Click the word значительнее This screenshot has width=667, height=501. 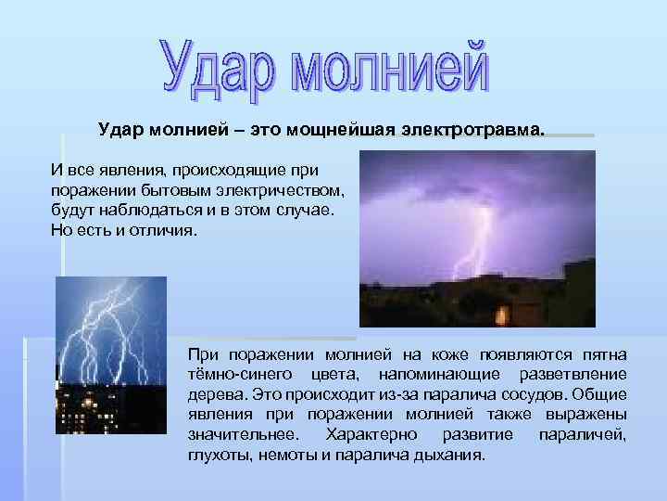[242, 435]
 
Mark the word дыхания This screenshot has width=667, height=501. [450, 456]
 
